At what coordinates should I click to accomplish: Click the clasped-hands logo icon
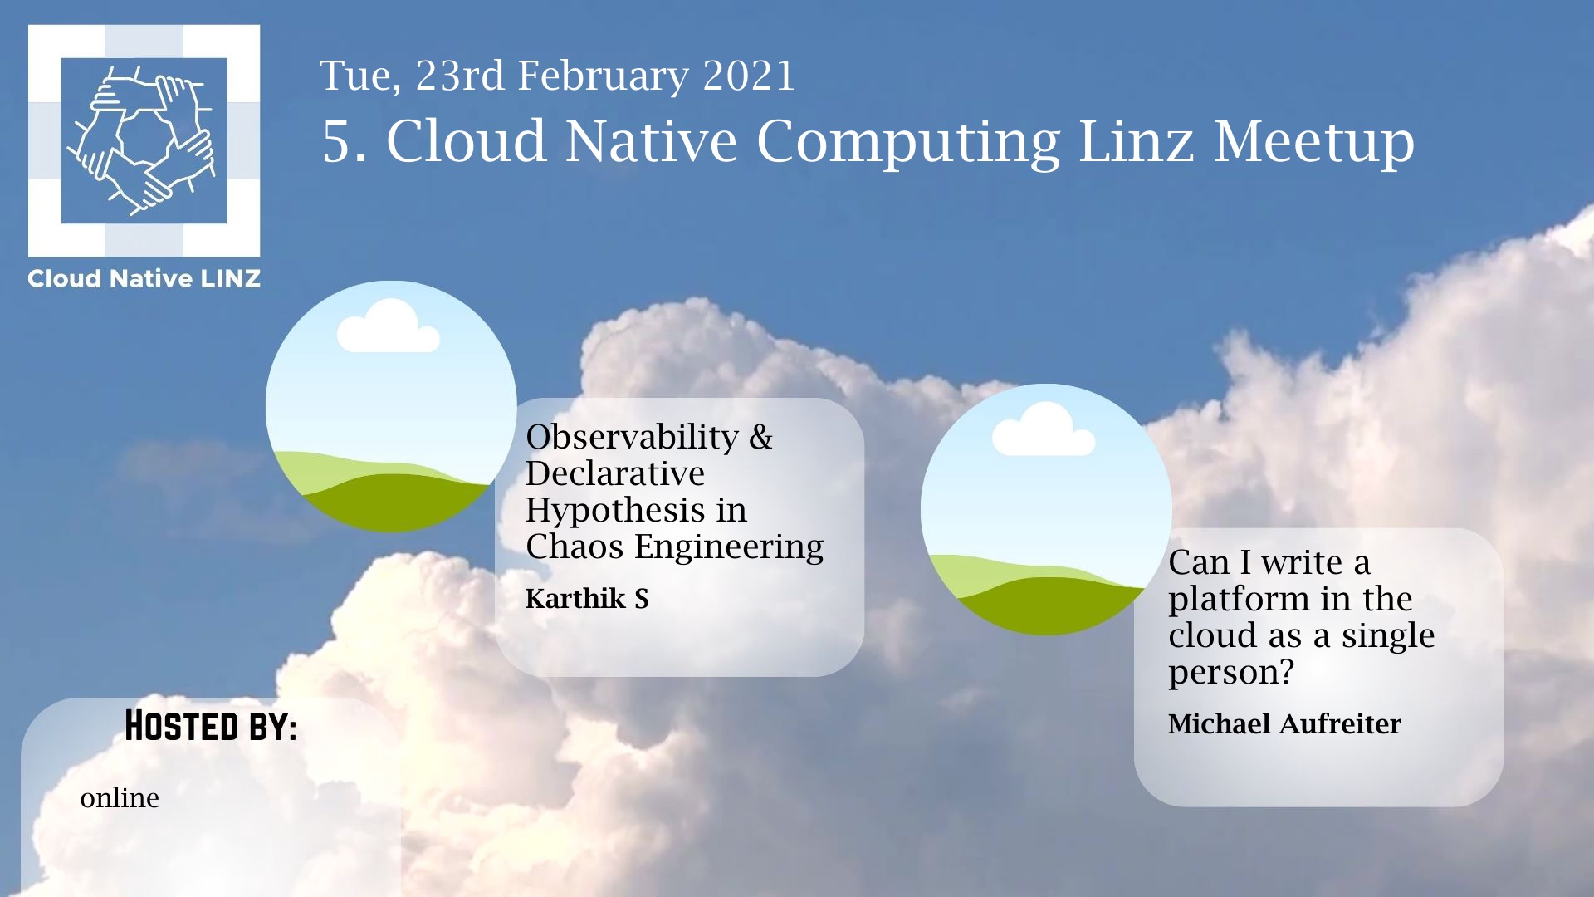tap(144, 140)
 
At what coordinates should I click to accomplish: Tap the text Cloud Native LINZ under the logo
tap(144, 279)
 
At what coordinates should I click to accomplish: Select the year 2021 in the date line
tap(749, 76)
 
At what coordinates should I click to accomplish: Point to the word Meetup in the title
tap(1314, 143)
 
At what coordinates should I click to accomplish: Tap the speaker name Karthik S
tap(587, 598)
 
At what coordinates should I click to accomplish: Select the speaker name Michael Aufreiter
tap(1284, 723)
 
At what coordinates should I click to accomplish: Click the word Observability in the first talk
tap(632, 437)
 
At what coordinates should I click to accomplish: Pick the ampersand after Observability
tap(760, 438)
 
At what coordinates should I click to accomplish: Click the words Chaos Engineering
tap(674, 547)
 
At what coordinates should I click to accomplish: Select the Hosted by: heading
tap(211, 726)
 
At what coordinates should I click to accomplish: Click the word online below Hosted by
tap(120, 798)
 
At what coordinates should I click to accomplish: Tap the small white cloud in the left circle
tap(389, 326)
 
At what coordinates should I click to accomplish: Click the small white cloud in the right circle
tap(1044, 429)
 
